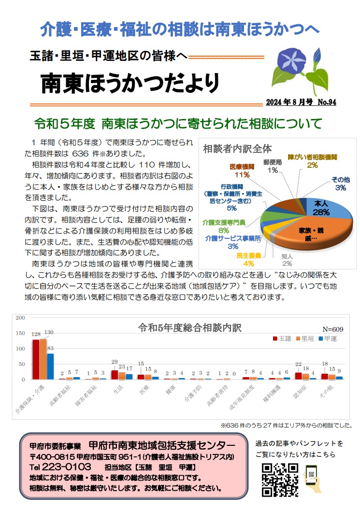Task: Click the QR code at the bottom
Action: [x=279, y=479]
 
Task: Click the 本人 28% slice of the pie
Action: [x=321, y=207]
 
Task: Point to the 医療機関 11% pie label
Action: [x=242, y=170]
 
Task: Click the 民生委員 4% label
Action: [x=248, y=260]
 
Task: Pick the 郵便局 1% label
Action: [x=273, y=166]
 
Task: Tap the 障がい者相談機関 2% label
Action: [x=312, y=161]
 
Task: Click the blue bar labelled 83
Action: [x=50, y=366]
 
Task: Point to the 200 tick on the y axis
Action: [x=20, y=318]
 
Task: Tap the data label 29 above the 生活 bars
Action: [x=115, y=362]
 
